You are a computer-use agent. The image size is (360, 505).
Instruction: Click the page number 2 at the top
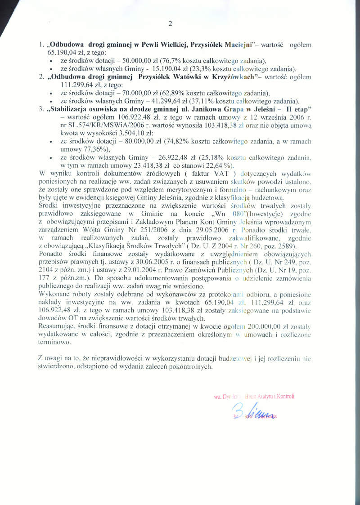click(x=170, y=24)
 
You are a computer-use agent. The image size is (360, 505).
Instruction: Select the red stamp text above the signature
click(x=254, y=397)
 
